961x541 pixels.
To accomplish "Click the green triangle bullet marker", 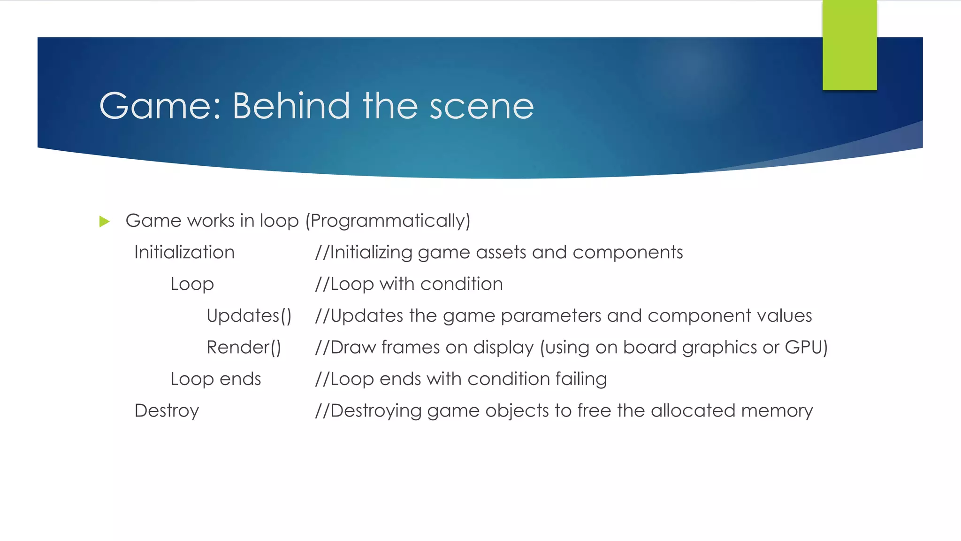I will click(105, 221).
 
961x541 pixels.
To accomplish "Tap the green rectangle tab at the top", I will click(849, 45).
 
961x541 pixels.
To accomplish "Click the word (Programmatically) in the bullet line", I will click(388, 221).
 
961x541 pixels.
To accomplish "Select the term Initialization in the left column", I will click(184, 253).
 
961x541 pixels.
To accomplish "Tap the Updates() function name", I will click(249, 316).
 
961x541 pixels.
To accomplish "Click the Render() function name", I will click(244, 348).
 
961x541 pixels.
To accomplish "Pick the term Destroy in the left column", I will click(167, 411).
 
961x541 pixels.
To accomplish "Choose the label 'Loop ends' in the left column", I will click(216, 379).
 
